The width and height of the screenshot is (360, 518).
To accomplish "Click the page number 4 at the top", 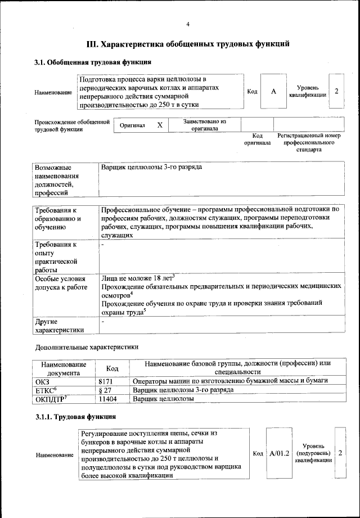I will pos(188,24).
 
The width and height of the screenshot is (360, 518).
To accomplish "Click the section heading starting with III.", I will pos(188,43).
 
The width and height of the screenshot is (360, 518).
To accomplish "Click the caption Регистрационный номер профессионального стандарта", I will pos(309,143).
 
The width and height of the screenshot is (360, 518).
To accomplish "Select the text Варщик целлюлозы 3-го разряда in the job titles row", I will pos(151,168).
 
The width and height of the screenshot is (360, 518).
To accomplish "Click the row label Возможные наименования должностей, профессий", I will pos(57,180).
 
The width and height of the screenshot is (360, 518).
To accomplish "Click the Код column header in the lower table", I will pos(112,368).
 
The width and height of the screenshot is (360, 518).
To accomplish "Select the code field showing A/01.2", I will pos(279,453).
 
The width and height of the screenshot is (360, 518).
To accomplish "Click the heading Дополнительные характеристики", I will pos(86,348).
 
